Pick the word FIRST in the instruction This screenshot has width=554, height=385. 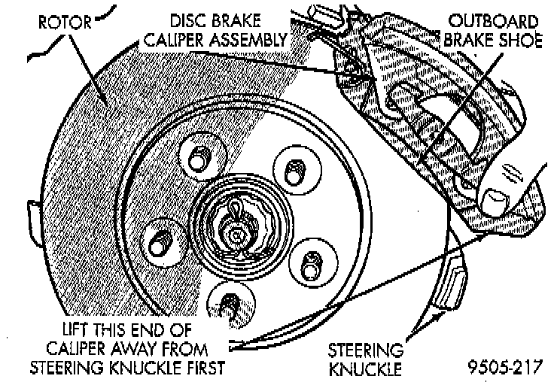(x=207, y=367)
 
